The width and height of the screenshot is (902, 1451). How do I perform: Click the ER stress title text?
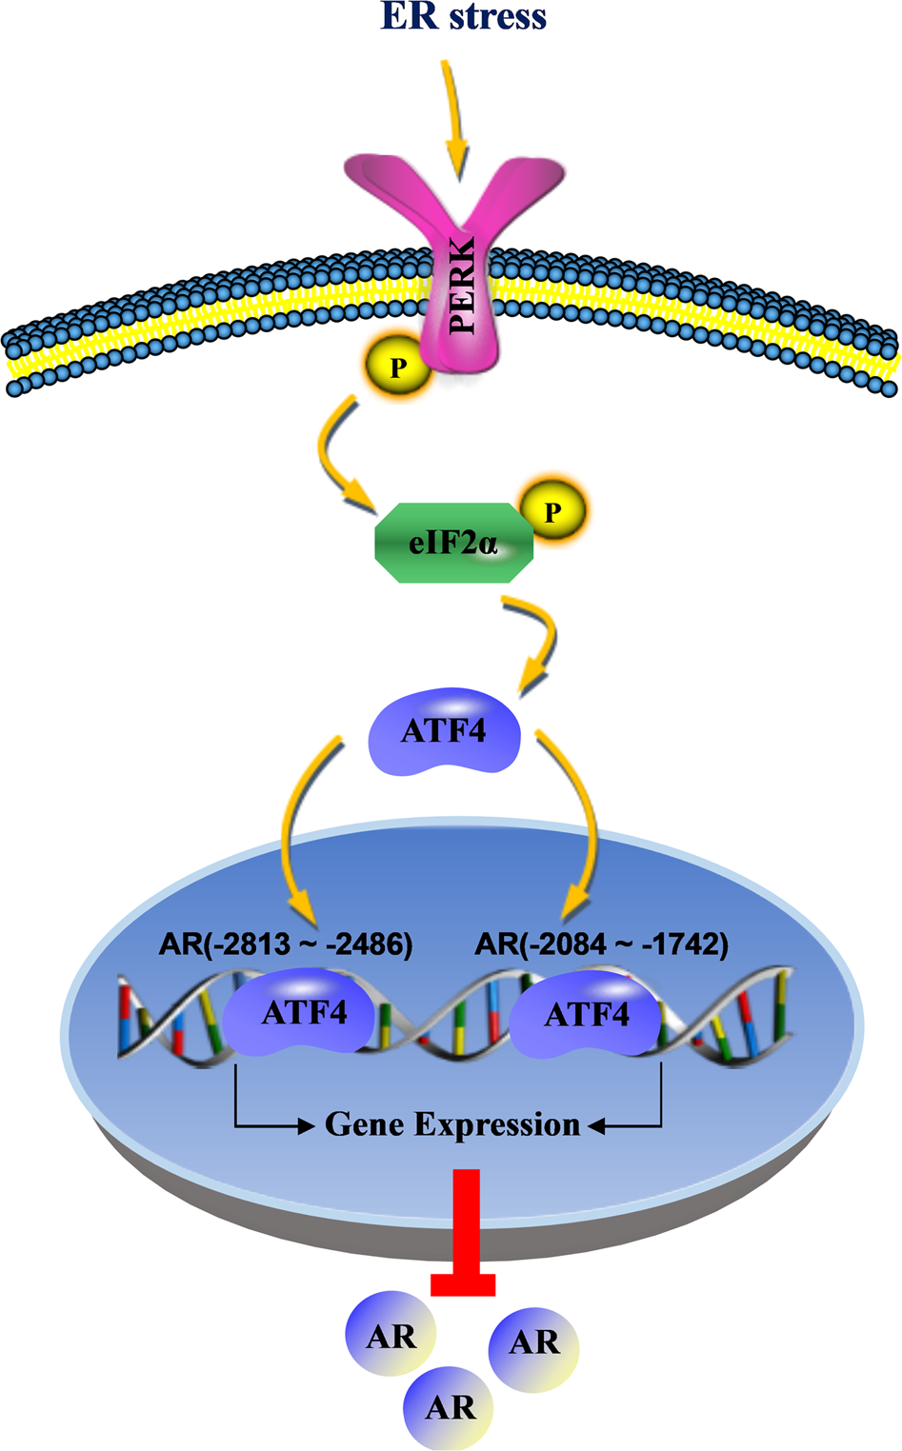pos(463,17)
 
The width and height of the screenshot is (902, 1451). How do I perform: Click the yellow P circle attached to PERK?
pos(397,368)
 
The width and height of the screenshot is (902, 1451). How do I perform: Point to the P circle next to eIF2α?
pos(551,512)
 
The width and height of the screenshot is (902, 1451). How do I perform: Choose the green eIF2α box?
pos(453,544)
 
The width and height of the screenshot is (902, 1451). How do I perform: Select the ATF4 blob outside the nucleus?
pos(444,731)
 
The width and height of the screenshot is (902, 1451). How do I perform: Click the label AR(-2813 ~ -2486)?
pos(286,944)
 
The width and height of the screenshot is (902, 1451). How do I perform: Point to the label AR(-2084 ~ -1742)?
pos(601,944)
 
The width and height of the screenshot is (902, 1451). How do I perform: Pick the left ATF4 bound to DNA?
pos(303,1012)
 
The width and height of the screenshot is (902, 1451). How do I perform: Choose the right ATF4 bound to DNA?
pos(586,1015)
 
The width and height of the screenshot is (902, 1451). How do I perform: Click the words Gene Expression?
pos(452,1124)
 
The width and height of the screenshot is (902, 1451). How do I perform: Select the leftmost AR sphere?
pos(391,1336)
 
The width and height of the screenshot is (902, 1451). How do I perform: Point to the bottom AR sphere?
pos(450,1407)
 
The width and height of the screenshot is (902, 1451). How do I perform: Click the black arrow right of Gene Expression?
pos(629,1126)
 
